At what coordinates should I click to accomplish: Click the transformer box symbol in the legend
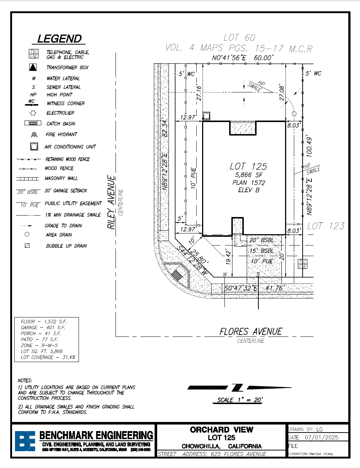click(x=33, y=67)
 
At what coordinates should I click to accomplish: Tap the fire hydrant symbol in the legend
click(x=34, y=134)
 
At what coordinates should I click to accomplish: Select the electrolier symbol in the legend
click(x=34, y=113)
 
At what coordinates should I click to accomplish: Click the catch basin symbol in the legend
click(x=33, y=123)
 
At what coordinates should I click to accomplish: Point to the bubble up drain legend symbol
click(x=27, y=246)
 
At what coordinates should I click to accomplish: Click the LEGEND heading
click(x=60, y=39)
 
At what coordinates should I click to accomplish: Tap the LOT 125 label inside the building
click(x=248, y=167)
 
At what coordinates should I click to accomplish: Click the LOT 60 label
click(x=239, y=38)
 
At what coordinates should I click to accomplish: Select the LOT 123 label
click(x=326, y=226)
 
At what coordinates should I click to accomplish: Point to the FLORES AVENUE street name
click(x=251, y=332)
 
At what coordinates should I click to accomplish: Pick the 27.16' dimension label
click(x=199, y=93)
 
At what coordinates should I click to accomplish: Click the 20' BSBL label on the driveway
click(x=261, y=240)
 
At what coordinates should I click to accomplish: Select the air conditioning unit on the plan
click(x=206, y=116)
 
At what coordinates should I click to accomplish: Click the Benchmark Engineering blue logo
click(x=25, y=441)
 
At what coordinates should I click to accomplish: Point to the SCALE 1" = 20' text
click(x=240, y=400)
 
